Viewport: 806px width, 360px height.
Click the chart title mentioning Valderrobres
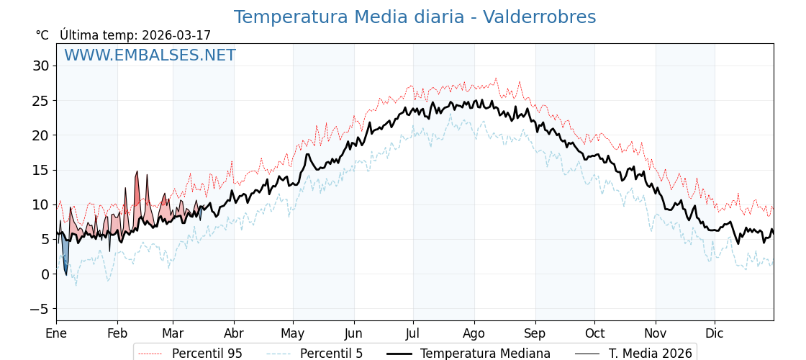[x=415, y=17]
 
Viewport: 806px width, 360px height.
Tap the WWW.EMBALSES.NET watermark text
[x=150, y=55]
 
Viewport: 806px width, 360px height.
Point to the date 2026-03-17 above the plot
[x=176, y=35]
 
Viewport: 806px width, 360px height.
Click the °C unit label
[x=42, y=35]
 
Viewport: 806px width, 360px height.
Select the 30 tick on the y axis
[x=40, y=66]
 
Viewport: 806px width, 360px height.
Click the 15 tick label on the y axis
[x=40, y=170]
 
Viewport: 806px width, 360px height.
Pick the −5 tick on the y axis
[x=38, y=309]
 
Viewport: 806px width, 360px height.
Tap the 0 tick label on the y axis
[x=45, y=274]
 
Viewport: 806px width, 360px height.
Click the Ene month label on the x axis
[x=56, y=333]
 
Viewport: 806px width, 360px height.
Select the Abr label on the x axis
[x=234, y=333]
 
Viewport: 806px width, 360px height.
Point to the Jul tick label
[x=413, y=333]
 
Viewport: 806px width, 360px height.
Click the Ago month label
[x=474, y=333]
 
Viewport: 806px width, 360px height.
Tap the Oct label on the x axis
[x=594, y=333]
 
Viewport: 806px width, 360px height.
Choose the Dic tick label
[x=715, y=333]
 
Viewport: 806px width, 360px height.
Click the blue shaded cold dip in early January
[x=65, y=256]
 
